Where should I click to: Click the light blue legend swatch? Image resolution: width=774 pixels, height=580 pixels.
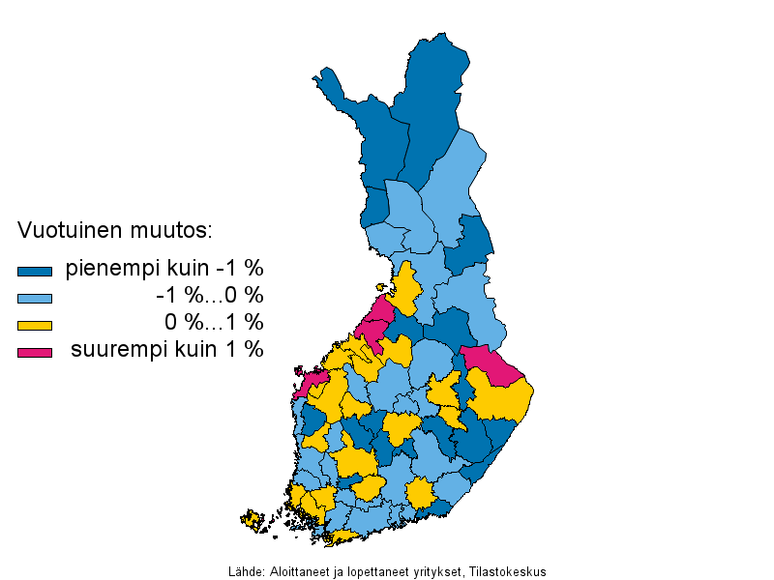pyautogui.click(x=34, y=298)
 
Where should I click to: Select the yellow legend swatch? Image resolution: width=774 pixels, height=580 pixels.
pyautogui.click(x=34, y=325)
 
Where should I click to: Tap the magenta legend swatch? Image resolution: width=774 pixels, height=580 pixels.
pyautogui.click(x=34, y=352)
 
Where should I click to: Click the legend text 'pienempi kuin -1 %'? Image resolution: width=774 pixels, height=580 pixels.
pyautogui.click(x=164, y=269)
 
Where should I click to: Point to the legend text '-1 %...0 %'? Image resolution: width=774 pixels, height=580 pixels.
pyautogui.click(x=210, y=295)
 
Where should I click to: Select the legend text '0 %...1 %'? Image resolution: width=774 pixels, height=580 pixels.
pyautogui.click(x=214, y=322)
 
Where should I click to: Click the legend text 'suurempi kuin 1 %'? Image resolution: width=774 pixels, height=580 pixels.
pyautogui.click(x=166, y=349)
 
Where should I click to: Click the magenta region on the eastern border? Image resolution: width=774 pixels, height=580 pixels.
pyautogui.click(x=487, y=361)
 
